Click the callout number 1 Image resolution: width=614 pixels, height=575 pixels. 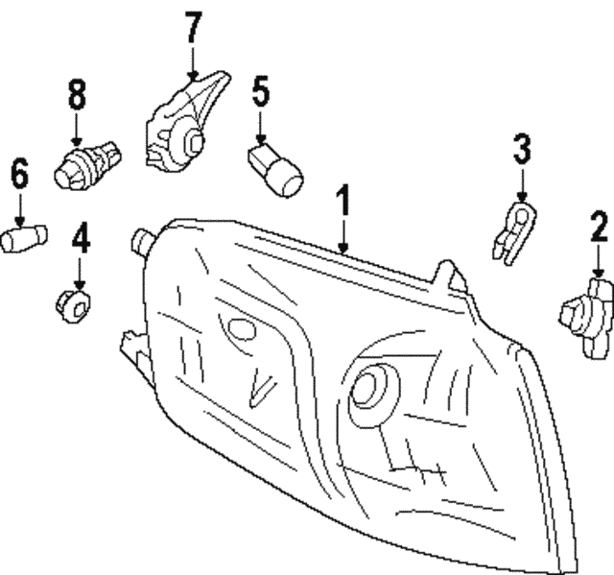click(342, 203)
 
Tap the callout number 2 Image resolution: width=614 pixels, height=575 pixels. click(599, 228)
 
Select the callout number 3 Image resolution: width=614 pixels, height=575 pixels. click(521, 149)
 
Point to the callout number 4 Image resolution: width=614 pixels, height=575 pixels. click(81, 238)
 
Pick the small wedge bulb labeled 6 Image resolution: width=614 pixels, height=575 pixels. click(19, 237)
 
